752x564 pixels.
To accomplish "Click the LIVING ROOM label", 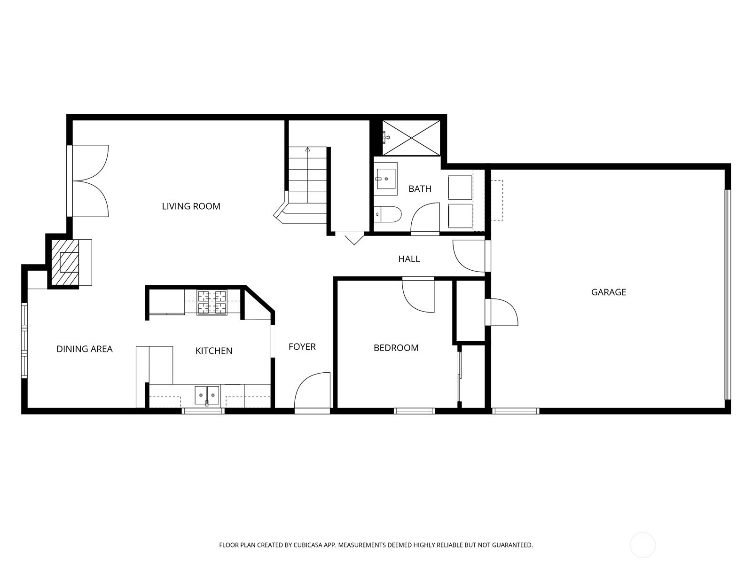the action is point(191,206).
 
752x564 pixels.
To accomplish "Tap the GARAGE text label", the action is point(609,292).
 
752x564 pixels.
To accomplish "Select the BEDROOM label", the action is point(396,348).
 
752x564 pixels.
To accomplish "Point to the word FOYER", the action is point(302,347).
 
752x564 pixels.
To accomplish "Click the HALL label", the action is point(409,259).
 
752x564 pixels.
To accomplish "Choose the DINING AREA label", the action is point(84,349).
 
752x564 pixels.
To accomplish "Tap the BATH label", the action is point(420,188).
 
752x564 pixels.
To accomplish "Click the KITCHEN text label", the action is point(214,351).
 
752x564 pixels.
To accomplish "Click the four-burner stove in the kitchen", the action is point(211,302).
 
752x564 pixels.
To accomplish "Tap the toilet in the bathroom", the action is point(387,214).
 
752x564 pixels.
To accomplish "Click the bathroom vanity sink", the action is point(386,179).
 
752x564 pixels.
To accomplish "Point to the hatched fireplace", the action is point(65,262).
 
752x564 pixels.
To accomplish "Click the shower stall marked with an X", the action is point(411,138).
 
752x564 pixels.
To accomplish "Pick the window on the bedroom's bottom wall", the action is point(414,411).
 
